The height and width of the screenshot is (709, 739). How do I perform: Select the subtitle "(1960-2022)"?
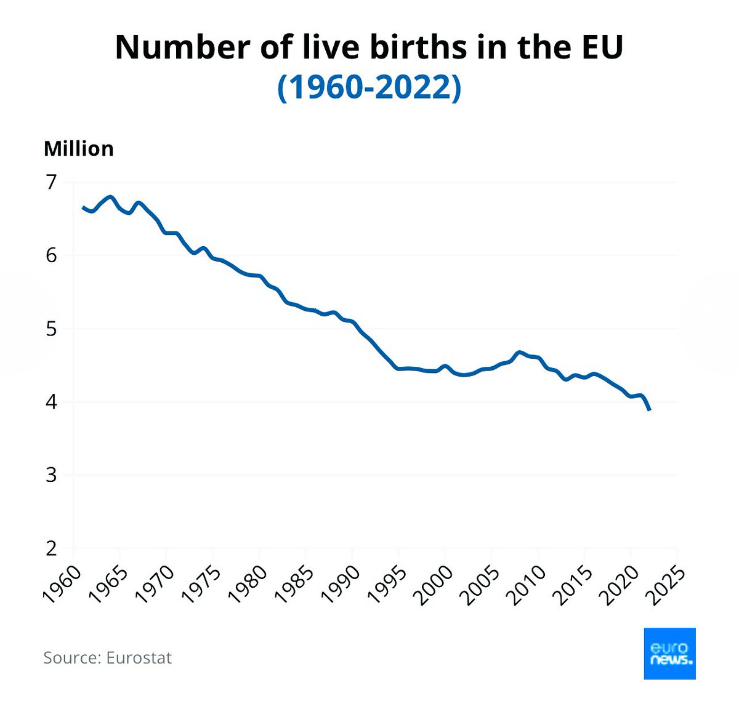(x=369, y=88)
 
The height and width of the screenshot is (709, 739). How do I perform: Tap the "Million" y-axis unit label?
(x=79, y=149)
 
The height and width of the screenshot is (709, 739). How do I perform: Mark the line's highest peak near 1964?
(x=110, y=197)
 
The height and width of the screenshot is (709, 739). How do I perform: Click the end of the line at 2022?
(x=650, y=410)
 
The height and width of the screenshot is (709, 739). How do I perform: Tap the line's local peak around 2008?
(x=519, y=353)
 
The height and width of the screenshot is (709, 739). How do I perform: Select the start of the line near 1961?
(x=83, y=207)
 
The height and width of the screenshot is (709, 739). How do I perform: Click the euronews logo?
(x=669, y=654)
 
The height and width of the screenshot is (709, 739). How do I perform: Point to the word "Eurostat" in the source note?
(x=139, y=658)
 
